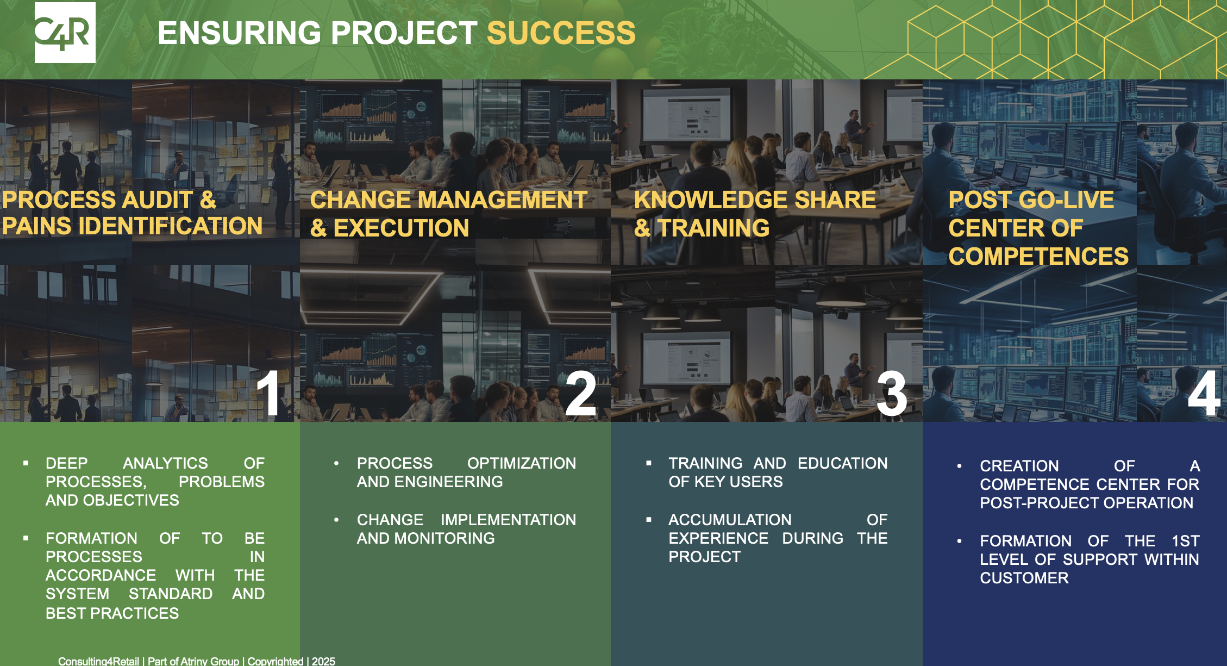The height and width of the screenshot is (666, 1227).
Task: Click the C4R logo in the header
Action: pyautogui.click(x=65, y=33)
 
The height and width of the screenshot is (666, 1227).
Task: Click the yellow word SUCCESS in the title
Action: pyautogui.click(x=561, y=33)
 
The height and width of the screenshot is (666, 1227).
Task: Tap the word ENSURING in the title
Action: pyautogui.click(x=240, y=33)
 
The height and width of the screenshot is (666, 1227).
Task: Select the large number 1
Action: pyautogui.click(x=268, y=394)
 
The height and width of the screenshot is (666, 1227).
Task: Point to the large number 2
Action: pyautogui.click(x=580, y=394)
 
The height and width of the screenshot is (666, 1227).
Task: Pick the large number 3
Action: pyautogui.click(x=892, y=394)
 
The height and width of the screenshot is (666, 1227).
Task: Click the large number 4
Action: pyautogui.click(x=1204, y=394)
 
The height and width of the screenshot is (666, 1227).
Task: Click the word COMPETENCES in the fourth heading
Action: pyautogui.click(x=1038, y=256)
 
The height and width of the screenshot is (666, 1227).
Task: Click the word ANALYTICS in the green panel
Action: pyautogui.click(x=165, y=463)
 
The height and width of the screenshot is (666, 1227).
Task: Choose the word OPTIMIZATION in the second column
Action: pyautogui.click(x=522, y=463)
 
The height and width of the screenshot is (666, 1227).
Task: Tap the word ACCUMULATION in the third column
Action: pyautogui.click(x=730, y=520)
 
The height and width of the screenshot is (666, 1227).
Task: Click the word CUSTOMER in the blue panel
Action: pyautogui.click(x=1024, y=578)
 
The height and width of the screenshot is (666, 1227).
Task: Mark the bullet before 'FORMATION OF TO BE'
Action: pyautogui.click(x=26, y=538)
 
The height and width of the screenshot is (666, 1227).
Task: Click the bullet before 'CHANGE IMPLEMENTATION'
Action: pyautogui.click(x=336, y=520)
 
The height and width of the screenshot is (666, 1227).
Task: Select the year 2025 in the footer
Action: pyautogui.click(x=323, y=661)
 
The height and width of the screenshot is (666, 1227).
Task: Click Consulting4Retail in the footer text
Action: pyautogui.click(x=98, y=661)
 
